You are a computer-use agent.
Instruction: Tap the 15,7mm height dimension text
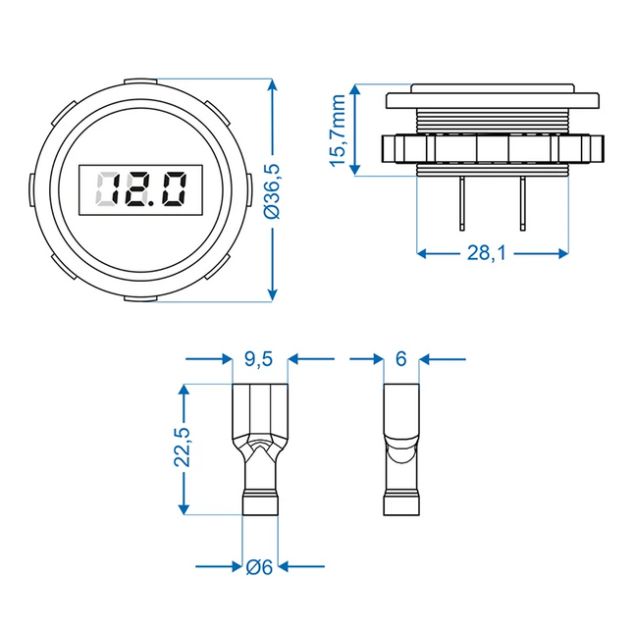tap(340, 132)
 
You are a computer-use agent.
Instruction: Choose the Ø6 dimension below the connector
tap(259, 566)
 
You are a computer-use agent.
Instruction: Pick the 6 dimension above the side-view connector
tap(400, 360)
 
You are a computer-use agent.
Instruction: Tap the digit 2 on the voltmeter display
tap(138, 188)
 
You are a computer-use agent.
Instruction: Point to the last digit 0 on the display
tap(173, 188)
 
